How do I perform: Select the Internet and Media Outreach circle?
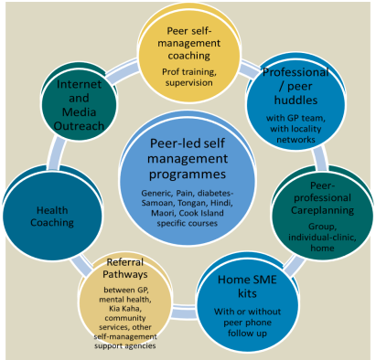tap(76, 94)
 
